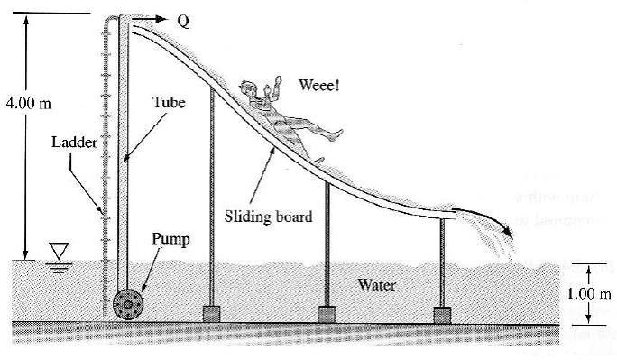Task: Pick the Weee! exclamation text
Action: (x=319, y=86)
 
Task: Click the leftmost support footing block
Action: (x=211, y=313)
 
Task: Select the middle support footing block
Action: (x=326, y=313)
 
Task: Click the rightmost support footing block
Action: (x=441, y=313)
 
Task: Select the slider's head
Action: (x=248, y=89)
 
